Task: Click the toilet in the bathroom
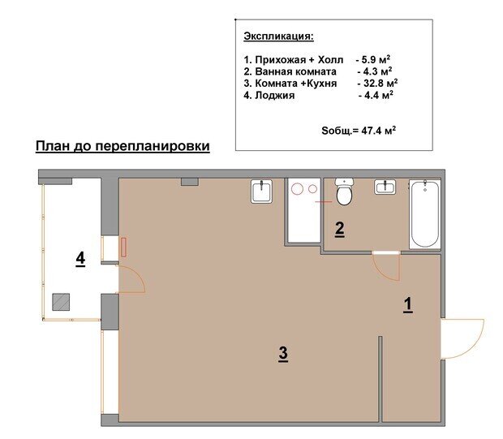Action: [x=344, y=192]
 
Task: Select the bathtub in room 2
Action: [x=425, y=214]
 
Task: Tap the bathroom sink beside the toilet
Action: [x=385, y=187]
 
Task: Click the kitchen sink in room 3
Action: [x=262, y=191]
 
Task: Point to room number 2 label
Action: [x=339, y=229]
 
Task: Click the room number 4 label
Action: [x=80, y=259]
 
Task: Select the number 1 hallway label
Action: [x=408, y=305]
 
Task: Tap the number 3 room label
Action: [x=283, y=354]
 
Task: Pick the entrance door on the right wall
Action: [x=462, y=338]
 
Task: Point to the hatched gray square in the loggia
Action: [x=61, y=302]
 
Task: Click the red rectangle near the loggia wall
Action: [x=124, y=247]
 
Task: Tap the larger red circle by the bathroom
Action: [x=297, y=189]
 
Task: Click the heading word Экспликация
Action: [x=278, y=37]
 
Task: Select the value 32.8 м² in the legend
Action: [x=380, y=83]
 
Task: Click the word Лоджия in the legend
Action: [x=274, y=95]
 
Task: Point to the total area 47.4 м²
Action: [x=379, y=131]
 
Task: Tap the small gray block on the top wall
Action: [x=190, y=182]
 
